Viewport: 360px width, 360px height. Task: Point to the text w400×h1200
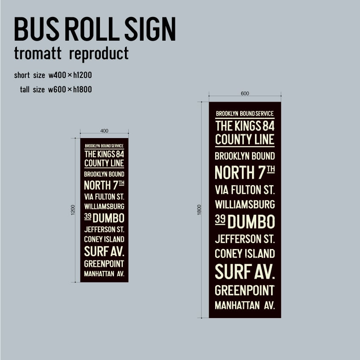click(70, 75)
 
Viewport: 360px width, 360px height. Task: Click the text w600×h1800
click(70, 89)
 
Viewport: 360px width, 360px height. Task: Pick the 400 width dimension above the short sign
click(104, 130)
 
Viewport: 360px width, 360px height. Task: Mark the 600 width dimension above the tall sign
click(245, 94)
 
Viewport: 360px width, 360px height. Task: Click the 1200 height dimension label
click(73, 210)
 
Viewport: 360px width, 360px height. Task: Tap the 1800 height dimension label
click(199, 210)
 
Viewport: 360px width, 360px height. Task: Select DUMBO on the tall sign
click(252, 222)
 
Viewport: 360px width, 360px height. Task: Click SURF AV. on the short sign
click(104, 251)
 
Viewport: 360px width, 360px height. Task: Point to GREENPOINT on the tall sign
click(245, 291)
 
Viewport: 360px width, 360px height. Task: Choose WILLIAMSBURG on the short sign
click(104, 207)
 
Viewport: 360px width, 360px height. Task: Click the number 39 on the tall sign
click(220, 219)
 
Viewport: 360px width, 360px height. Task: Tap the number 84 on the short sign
click(120, 154)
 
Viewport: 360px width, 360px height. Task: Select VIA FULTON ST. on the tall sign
click(245, 189)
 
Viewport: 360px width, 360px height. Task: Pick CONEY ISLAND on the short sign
click(104, 239)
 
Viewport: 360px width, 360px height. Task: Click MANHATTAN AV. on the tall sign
click(245, 305)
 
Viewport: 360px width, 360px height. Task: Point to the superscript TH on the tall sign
click(271, 169)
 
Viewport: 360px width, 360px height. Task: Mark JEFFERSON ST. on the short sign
click(104, 230)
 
